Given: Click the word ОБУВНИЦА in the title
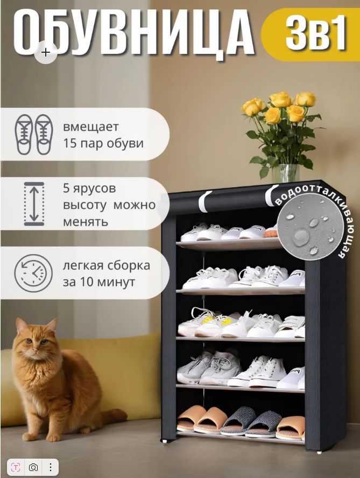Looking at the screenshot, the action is tap(133, 33).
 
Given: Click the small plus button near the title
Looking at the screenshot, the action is tap(46, 52).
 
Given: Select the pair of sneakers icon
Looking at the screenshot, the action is tap(34, 135).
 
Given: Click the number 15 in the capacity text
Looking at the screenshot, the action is tap(70, 143).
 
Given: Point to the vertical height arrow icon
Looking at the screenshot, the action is tap(34, 203).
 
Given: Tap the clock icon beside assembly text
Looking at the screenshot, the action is tap(33, 273).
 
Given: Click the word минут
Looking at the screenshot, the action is tap(116, 282).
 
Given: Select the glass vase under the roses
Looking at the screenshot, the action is tap(285, 173).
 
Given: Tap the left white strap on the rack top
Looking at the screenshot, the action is tap(204, 201).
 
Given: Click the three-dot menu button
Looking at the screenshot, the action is tap(51, 467).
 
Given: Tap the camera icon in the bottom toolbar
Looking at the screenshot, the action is tap(33, 467).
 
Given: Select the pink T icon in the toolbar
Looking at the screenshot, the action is tap(16, 467).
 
